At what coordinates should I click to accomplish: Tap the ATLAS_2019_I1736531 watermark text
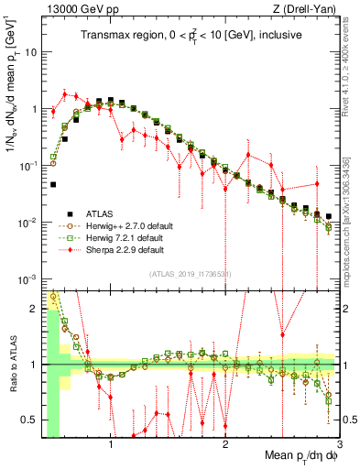coord(191,274)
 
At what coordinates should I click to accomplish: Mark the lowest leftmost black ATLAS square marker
coord(53,184)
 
